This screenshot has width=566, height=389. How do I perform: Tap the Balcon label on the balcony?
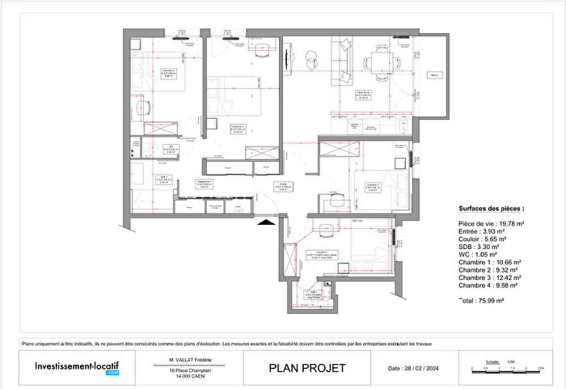435,74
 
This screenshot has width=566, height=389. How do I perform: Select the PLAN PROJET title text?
306,369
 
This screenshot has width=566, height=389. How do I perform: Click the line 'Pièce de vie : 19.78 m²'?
492,223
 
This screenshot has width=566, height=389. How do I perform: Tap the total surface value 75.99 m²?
492,301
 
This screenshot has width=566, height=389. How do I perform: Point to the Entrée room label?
284,186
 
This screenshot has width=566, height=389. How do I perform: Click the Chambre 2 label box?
374,187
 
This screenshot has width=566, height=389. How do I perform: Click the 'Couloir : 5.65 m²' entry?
483,239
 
